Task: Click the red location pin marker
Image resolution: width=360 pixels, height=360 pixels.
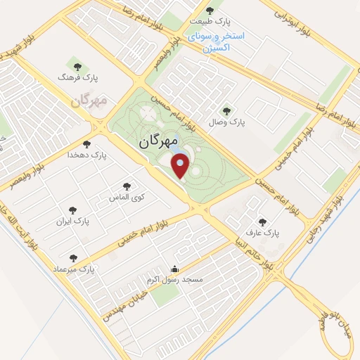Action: [x=181, y=167]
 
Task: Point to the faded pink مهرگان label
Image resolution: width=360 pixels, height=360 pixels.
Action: [x=89, y=101]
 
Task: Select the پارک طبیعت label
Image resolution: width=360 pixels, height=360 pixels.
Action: [x=210, y=21]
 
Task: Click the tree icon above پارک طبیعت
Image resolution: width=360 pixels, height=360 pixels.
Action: [x=210, y=10]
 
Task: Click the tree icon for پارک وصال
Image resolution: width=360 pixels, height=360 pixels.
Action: [x=226, y=110]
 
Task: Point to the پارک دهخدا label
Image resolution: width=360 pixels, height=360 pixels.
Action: [x=88, y=155]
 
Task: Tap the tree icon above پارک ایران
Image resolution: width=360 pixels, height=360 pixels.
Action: [x=72, y=210]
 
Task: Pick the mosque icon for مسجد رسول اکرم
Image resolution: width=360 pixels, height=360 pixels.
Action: [x=175, y=269]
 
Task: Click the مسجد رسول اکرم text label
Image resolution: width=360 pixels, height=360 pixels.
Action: [x=174, y=280]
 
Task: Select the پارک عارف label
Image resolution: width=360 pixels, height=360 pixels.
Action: [x=262, y=231]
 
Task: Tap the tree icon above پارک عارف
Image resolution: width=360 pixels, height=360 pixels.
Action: [x=262, y=221]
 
